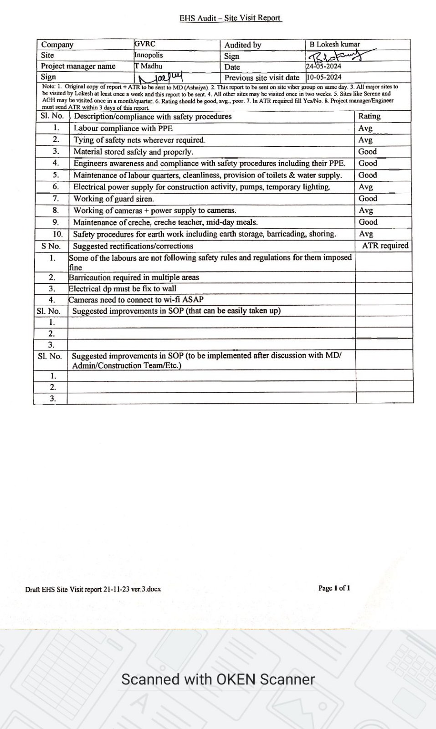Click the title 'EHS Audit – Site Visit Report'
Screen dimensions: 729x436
coord(230,18)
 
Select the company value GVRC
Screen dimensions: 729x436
coord(145,44)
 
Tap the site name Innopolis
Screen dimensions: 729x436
coord(149,55)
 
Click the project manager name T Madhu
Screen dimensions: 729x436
coord(149,66)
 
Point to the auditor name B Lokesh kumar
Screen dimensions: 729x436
coord(335,44)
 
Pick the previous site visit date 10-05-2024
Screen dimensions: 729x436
coord(324,77)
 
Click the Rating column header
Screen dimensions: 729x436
coord(369,116)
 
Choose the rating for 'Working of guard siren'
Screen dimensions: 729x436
coord(368,199)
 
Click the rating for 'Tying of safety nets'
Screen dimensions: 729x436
coord(365,140)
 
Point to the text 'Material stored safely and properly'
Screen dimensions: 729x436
coord(133,152)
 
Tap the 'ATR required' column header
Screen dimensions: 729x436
coord(385,246)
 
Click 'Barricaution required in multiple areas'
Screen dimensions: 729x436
coord(134,277)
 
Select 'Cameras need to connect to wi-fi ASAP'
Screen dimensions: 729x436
coord(136,300)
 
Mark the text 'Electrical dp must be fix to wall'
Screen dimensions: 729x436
coord(123,289)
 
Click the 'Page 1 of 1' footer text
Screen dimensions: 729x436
coord(334,588)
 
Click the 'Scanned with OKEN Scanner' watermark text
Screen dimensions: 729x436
coord(218,680)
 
